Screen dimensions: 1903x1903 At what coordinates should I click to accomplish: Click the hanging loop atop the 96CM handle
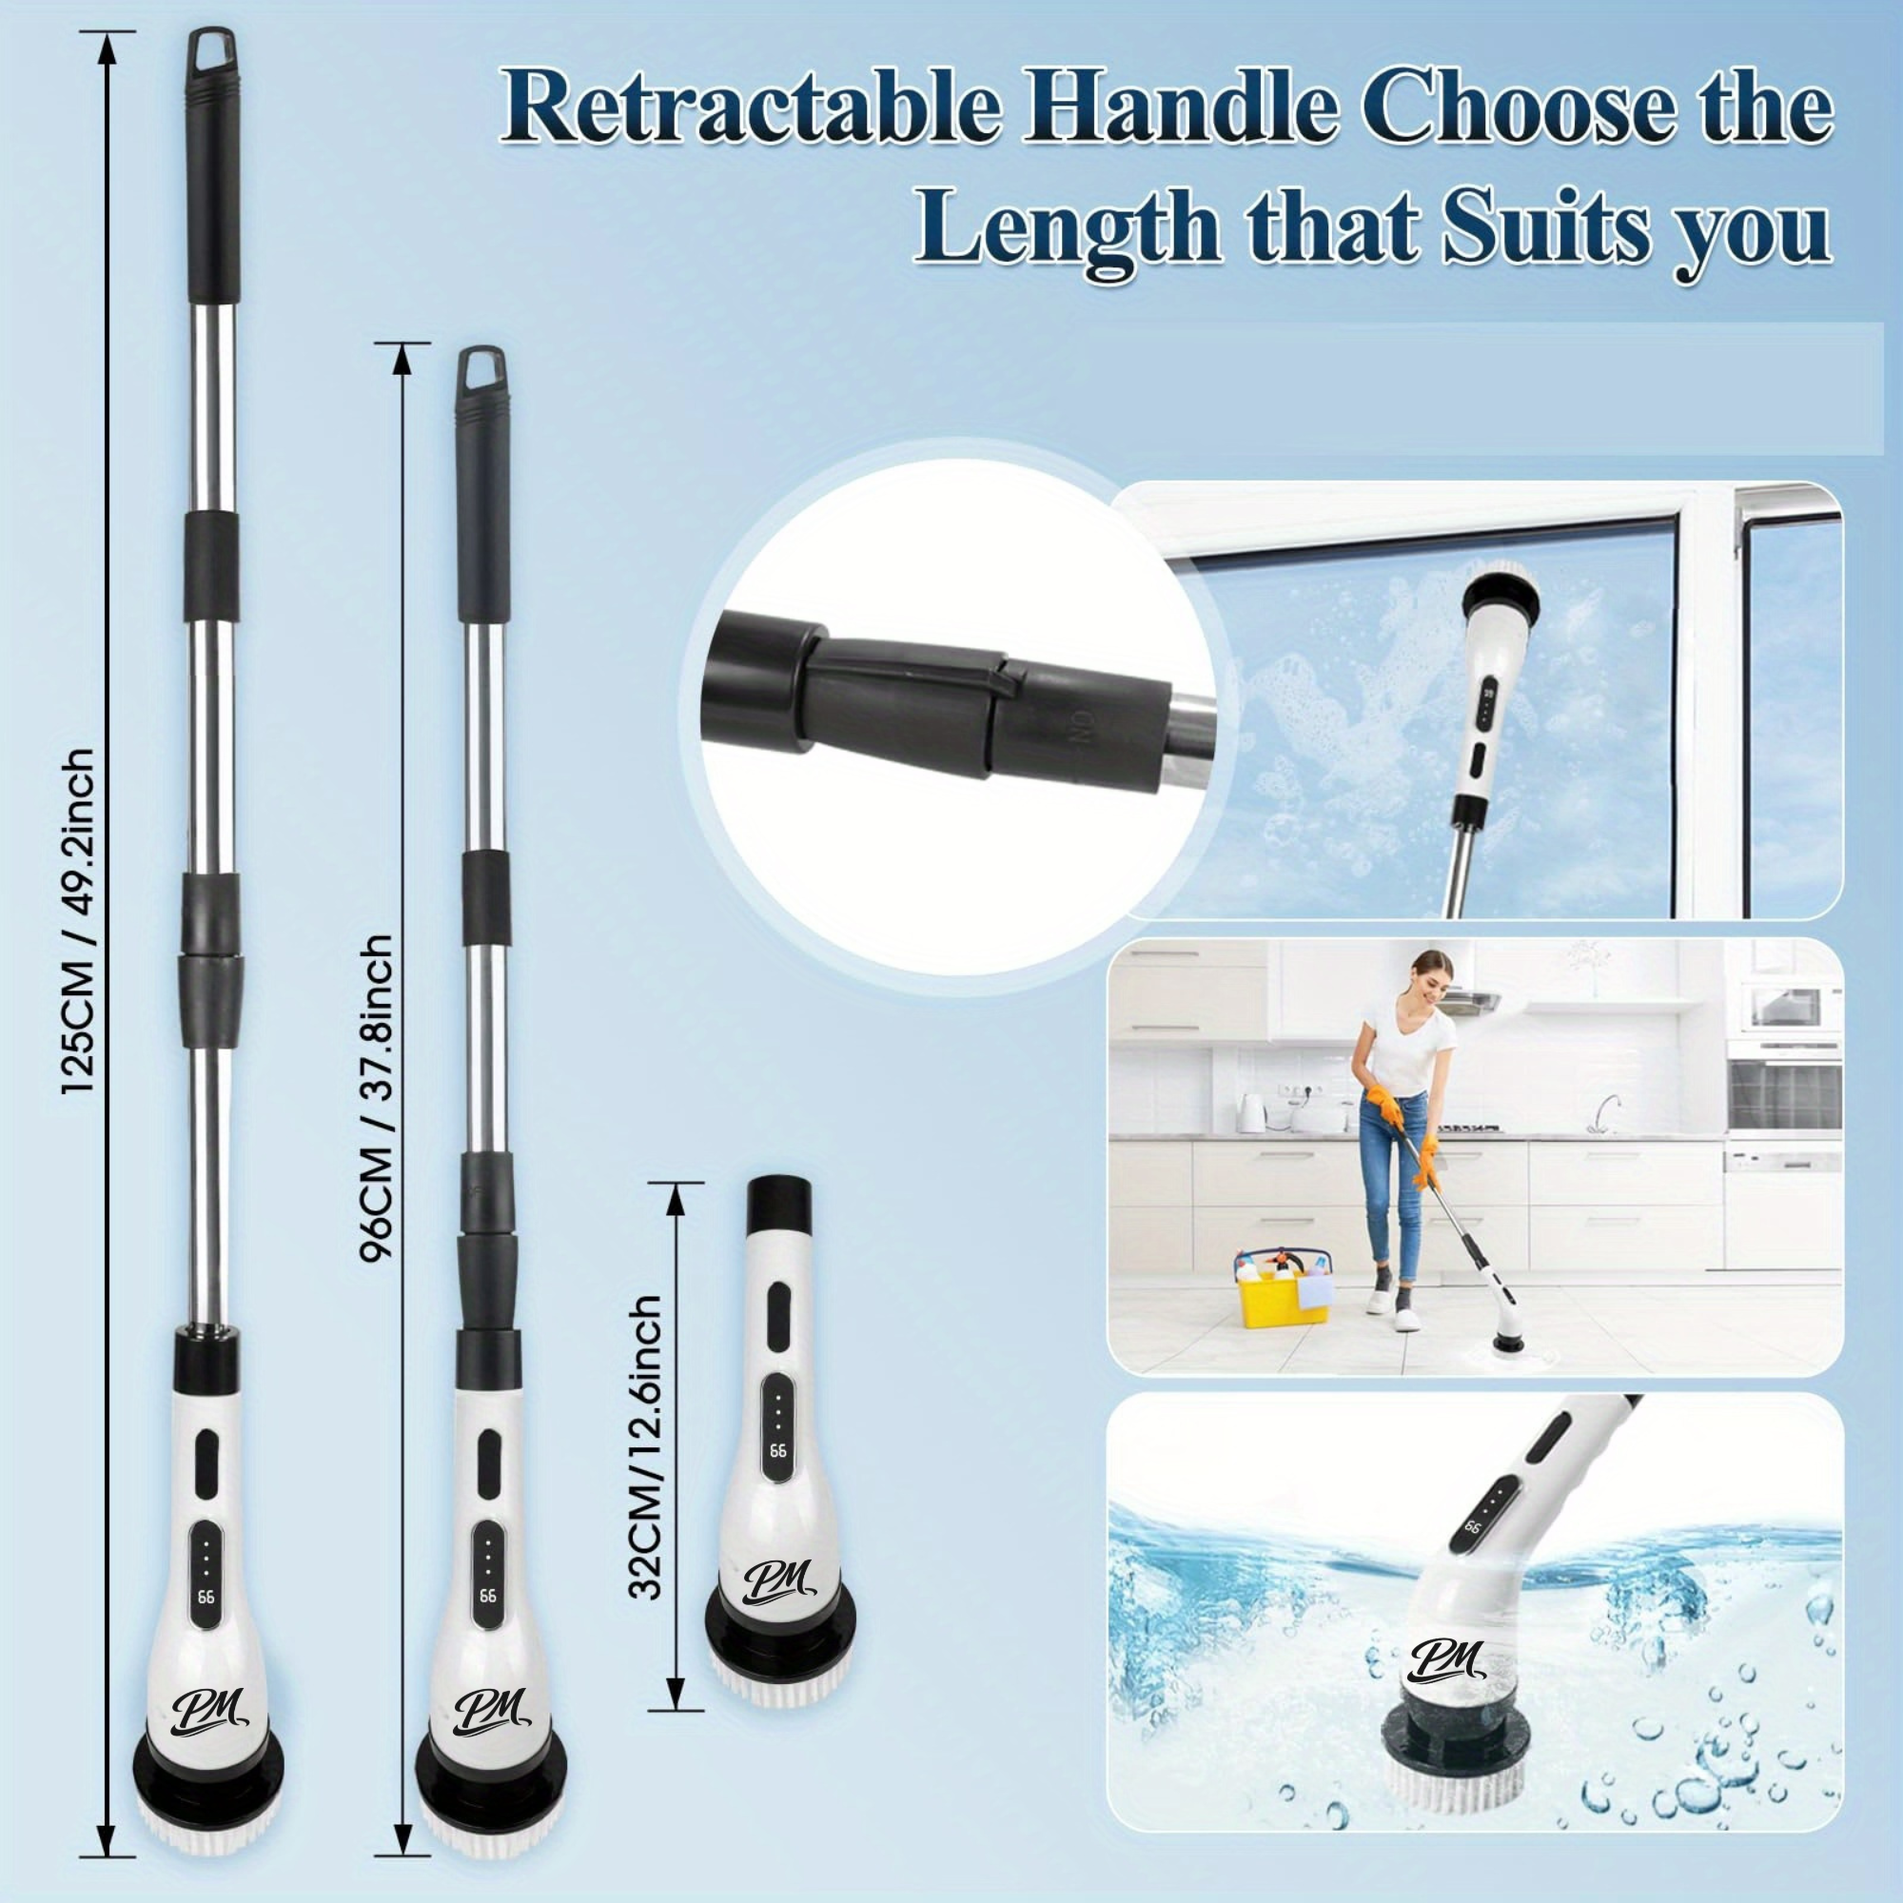point(481,365)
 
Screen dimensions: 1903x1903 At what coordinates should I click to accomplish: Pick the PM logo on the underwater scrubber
point(1444,1661)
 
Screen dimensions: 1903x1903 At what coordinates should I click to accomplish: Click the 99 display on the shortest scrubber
point(778,1452)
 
